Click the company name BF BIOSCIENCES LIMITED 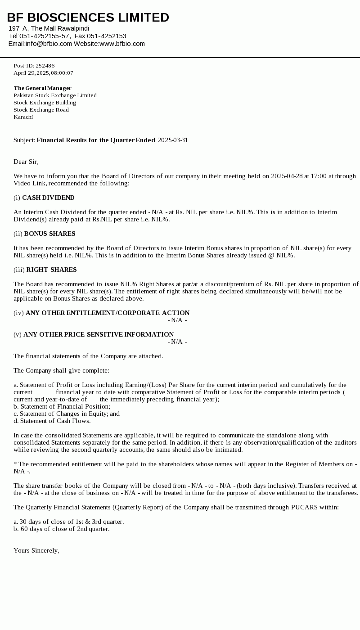[88, 18]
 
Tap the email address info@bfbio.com [49, 44]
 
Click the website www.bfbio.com [122, 44]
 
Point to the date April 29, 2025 [31, 73]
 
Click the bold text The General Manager [42, 88]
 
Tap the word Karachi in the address [23, 117]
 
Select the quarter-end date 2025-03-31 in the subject [173, 140]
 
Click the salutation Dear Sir [26, 162]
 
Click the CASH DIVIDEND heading [48, 198]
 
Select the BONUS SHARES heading [49, 234]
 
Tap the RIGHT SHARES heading [51, 270]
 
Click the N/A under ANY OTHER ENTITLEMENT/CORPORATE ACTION [177, 320]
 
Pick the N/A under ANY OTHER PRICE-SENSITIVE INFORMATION [177, 342]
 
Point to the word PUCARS [304, 507]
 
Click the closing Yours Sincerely [36, 550]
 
